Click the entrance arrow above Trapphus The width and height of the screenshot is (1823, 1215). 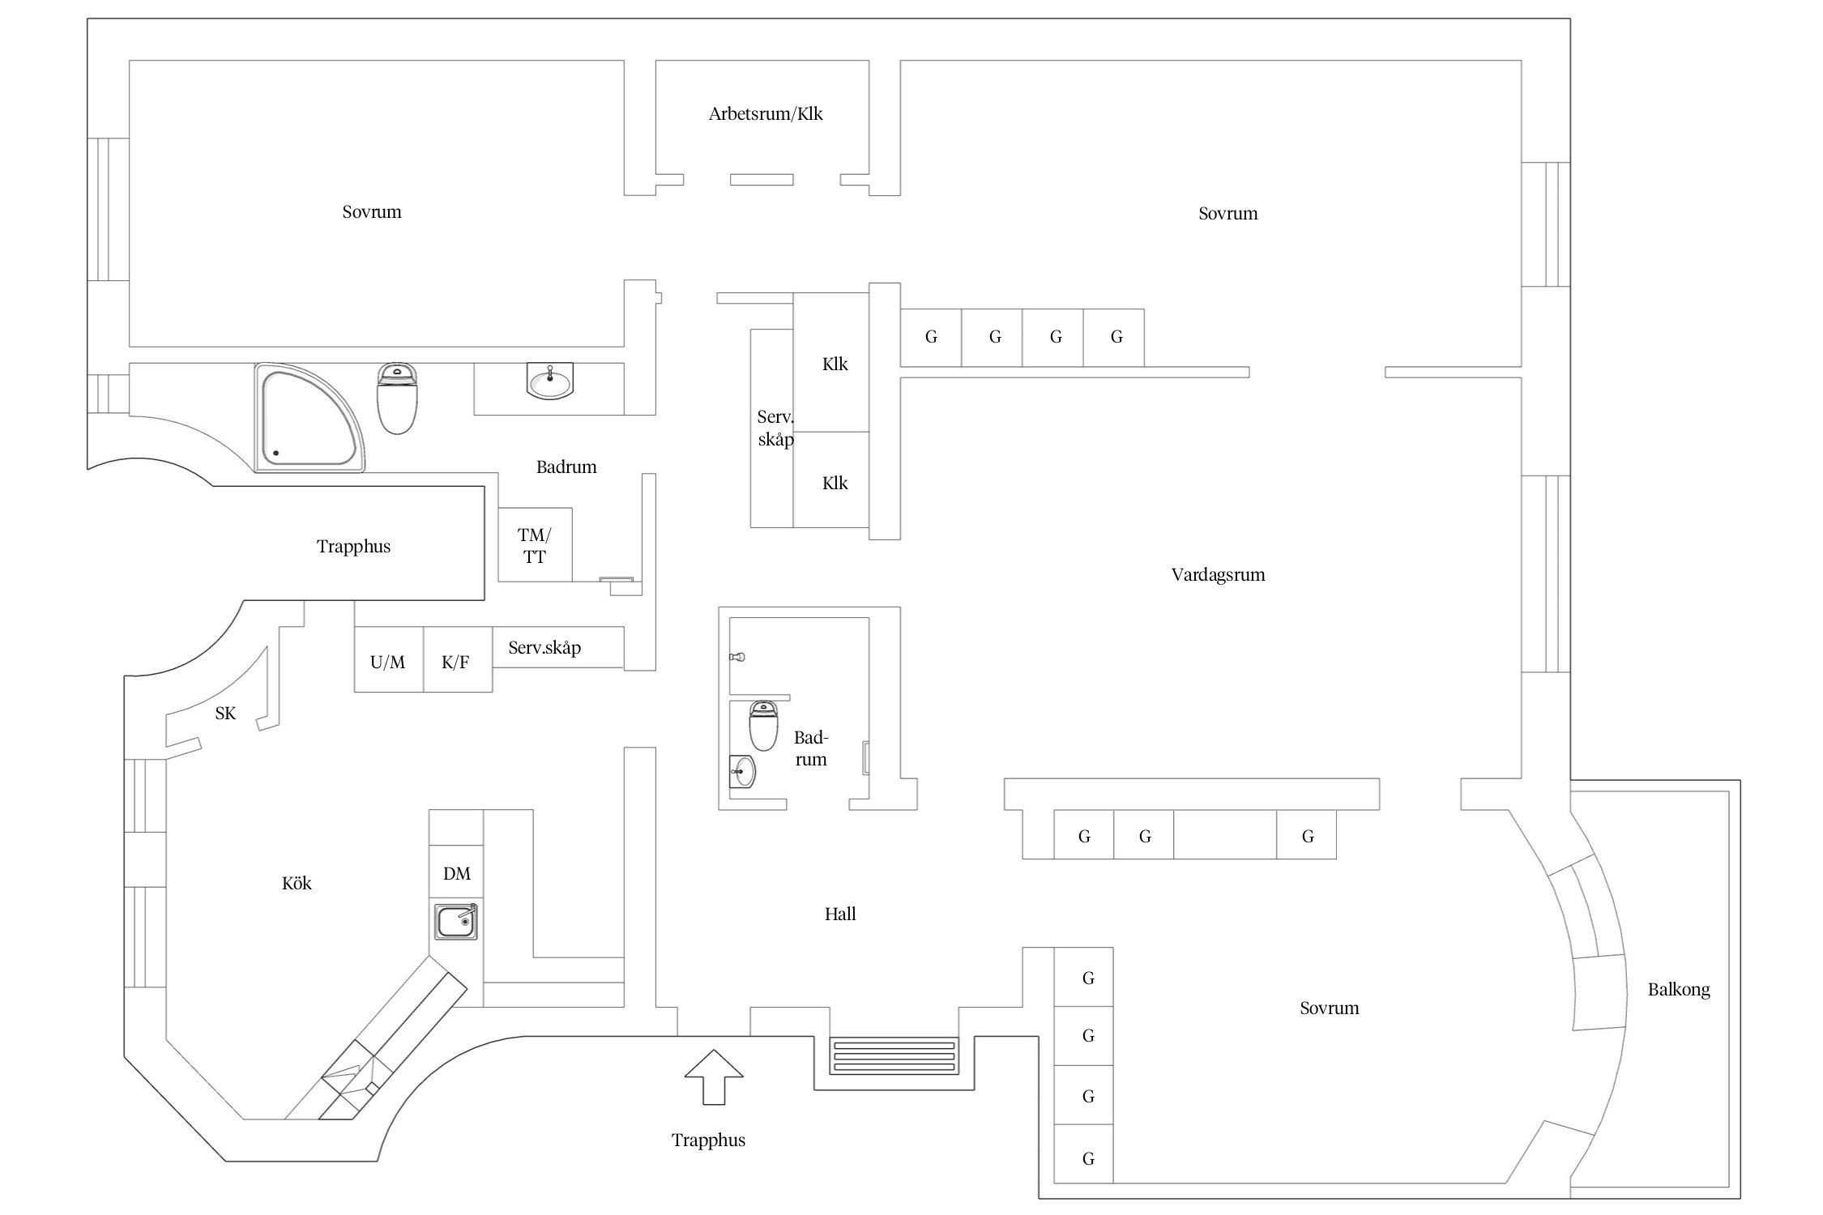(713, 1077)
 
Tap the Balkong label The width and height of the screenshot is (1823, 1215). (1678, 990)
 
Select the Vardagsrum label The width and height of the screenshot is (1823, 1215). (1217, 575)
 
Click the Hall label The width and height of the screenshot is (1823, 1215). (840, 914)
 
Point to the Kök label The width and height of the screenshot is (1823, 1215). (297, 884)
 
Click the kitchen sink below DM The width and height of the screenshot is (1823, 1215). (456, 922)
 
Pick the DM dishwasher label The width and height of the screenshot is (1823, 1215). (457, 874)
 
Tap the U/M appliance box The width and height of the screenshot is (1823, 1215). (388, 661)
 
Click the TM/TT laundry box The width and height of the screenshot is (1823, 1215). (535, 545)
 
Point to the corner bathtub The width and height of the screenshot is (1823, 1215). (308, 418)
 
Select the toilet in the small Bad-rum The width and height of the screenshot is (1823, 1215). (763, 725)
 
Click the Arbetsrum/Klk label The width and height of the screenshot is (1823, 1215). (765, 114)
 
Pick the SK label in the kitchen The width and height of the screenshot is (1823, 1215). (225, 714)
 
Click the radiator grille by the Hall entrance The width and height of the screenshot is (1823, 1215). (894, 1056)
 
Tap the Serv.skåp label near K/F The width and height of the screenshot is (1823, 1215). (544, 648)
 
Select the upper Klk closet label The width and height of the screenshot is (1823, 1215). (835, 364)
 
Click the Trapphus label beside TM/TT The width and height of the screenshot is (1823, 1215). (353, 547)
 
